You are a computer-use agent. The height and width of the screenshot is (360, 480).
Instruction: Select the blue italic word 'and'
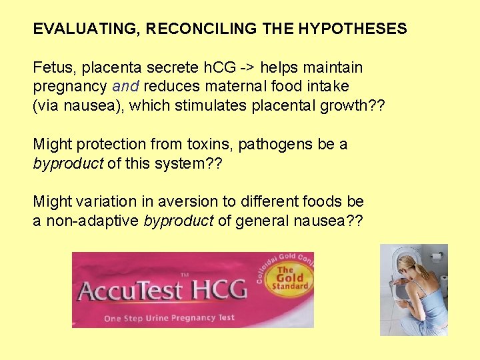point(126,87)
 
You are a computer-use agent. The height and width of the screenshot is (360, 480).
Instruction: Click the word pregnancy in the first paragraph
point(71,87)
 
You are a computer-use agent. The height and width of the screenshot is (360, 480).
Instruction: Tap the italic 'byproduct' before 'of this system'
point(67,163)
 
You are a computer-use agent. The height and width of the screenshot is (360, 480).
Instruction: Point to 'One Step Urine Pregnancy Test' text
point(169,317)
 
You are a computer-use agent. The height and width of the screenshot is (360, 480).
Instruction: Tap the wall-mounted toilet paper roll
point(436,256)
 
